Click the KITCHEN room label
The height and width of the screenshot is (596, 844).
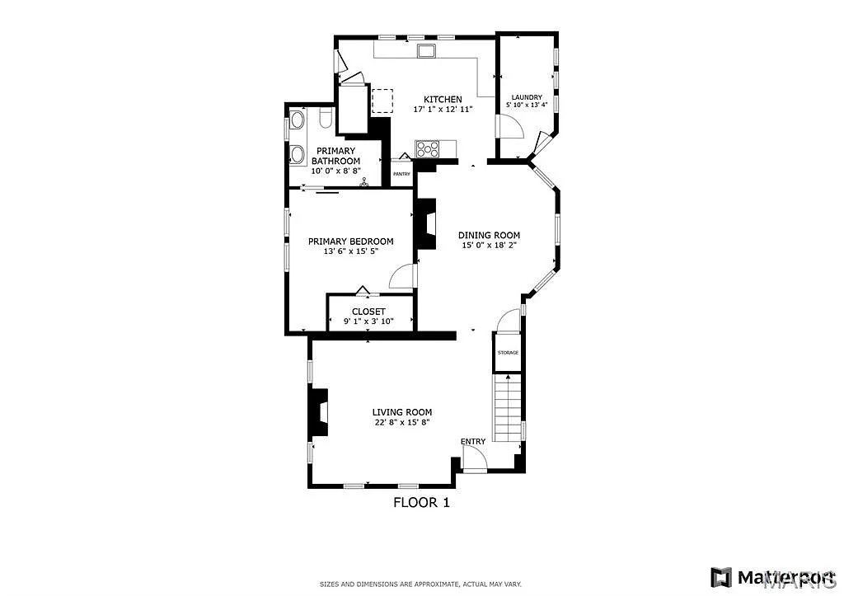pyautogui.click(x=443, y=100)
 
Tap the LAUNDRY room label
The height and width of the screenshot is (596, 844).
pyautogui.click(x=526, y=96)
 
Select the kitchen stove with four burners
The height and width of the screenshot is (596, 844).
pyautogui.click(x=427, y=149)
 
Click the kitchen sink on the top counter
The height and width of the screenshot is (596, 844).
pyautogui.click(x=427, y=53)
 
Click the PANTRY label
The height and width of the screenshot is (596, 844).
pyautogui.click(x=401, y=174)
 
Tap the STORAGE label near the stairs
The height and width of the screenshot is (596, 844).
pyautogui.click(x=508, y=353)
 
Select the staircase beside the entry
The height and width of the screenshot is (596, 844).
pyautogui.click(x=508, y=408)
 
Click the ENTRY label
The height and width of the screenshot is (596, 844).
pyautogui.click(x=473, y=442)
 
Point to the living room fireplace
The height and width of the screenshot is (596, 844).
pyautogui.click(x=317, y=411)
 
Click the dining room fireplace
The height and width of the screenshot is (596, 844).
pyautogui.click(x=426, y=225)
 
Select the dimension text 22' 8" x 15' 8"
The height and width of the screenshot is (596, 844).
pyautogui.click(x=401, y=422)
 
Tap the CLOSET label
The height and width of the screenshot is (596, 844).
pyautogui.click(x=368, y=312)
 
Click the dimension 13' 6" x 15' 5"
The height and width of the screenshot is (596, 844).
pyautogui.click(x=350, y=251)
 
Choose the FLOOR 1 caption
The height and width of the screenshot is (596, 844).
pyautogui.click(x=421, y=501)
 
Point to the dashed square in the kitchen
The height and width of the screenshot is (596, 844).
pyautogui.click(x=383, y=101)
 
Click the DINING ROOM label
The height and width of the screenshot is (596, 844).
pyautogui.click(x=489, y=235)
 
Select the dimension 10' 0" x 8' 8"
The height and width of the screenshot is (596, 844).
pyautogui.click(x=335, y=171)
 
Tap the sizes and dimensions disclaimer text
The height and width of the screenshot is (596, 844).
pyautogui.click(x=421, y=583)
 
